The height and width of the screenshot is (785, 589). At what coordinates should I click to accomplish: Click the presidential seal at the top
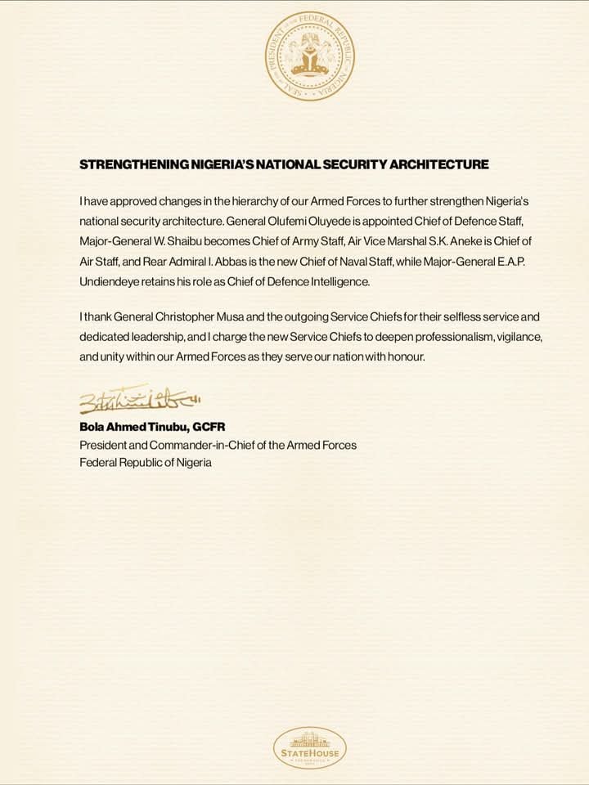(310, 56)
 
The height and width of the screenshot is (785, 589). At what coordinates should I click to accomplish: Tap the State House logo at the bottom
(308, 747)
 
